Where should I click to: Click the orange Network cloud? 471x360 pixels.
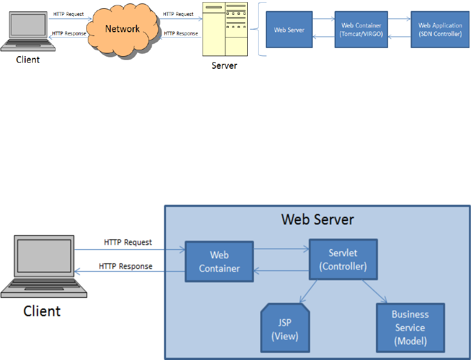point(122,29)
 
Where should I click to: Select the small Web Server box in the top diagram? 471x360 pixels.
point(289,30)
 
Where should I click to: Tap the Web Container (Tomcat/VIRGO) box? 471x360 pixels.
point(361,29)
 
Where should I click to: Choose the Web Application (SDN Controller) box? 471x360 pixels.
point(440,29)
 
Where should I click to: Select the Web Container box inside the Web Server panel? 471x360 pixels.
point(219,261)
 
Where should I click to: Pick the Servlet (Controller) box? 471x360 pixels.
point(343,260)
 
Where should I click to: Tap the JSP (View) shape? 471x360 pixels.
point(285,329)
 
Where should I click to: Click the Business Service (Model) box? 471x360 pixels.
point(410,327)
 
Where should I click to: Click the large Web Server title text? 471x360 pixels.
point(317,219)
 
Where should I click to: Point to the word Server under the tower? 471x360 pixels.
point(224,65)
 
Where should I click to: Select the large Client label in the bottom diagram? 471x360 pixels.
point(41,311)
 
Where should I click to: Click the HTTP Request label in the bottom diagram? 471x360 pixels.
point(128,242)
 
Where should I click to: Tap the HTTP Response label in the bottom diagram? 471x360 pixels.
point(126,266)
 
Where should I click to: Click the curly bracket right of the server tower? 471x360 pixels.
point(261,30)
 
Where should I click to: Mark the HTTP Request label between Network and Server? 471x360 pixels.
point(178,14)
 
